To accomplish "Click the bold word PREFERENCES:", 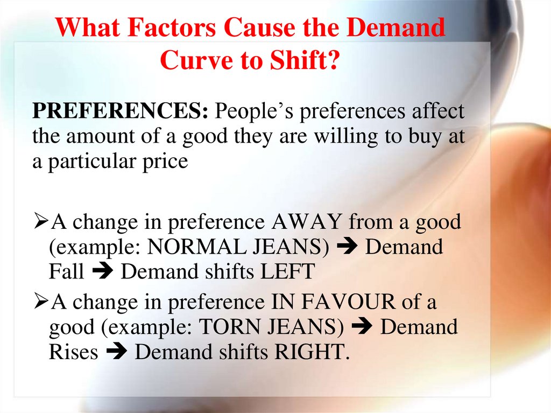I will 121,111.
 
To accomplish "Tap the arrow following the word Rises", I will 116,353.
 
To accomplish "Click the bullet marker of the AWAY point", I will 40,222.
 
